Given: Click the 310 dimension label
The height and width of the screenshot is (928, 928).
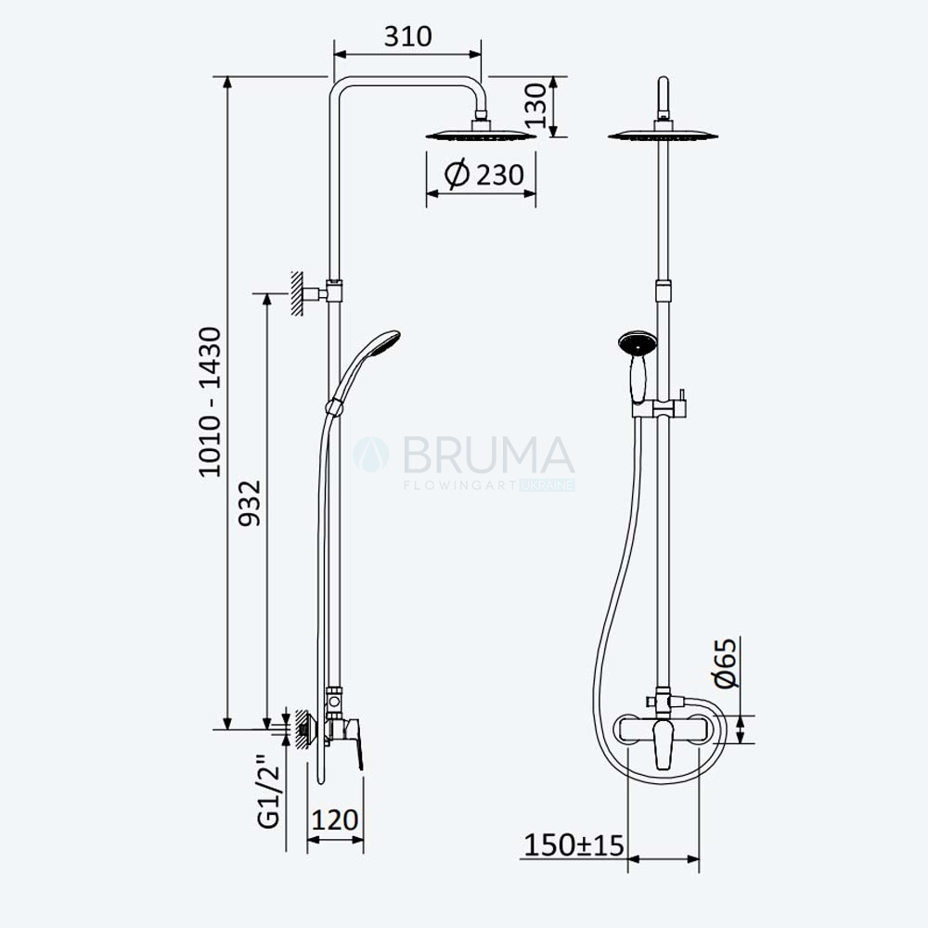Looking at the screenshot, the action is click(407, 37).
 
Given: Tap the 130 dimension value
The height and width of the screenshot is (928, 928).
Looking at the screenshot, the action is click(536, 106).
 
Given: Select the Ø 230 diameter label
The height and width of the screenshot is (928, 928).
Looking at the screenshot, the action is click(484, 174).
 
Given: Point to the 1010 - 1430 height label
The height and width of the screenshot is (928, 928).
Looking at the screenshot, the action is click(210, 402).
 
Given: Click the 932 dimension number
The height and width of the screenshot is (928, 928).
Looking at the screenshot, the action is click(249, 502).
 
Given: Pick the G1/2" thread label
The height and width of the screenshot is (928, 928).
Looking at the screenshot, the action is click(268, 791).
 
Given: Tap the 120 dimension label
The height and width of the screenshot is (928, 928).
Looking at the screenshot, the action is click(334, 819).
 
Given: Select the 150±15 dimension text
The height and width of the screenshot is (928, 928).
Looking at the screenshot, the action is click(574, 845).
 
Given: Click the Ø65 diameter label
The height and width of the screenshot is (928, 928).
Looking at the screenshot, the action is click(727, 663).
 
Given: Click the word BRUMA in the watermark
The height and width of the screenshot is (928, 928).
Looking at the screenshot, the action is click(489, 455).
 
